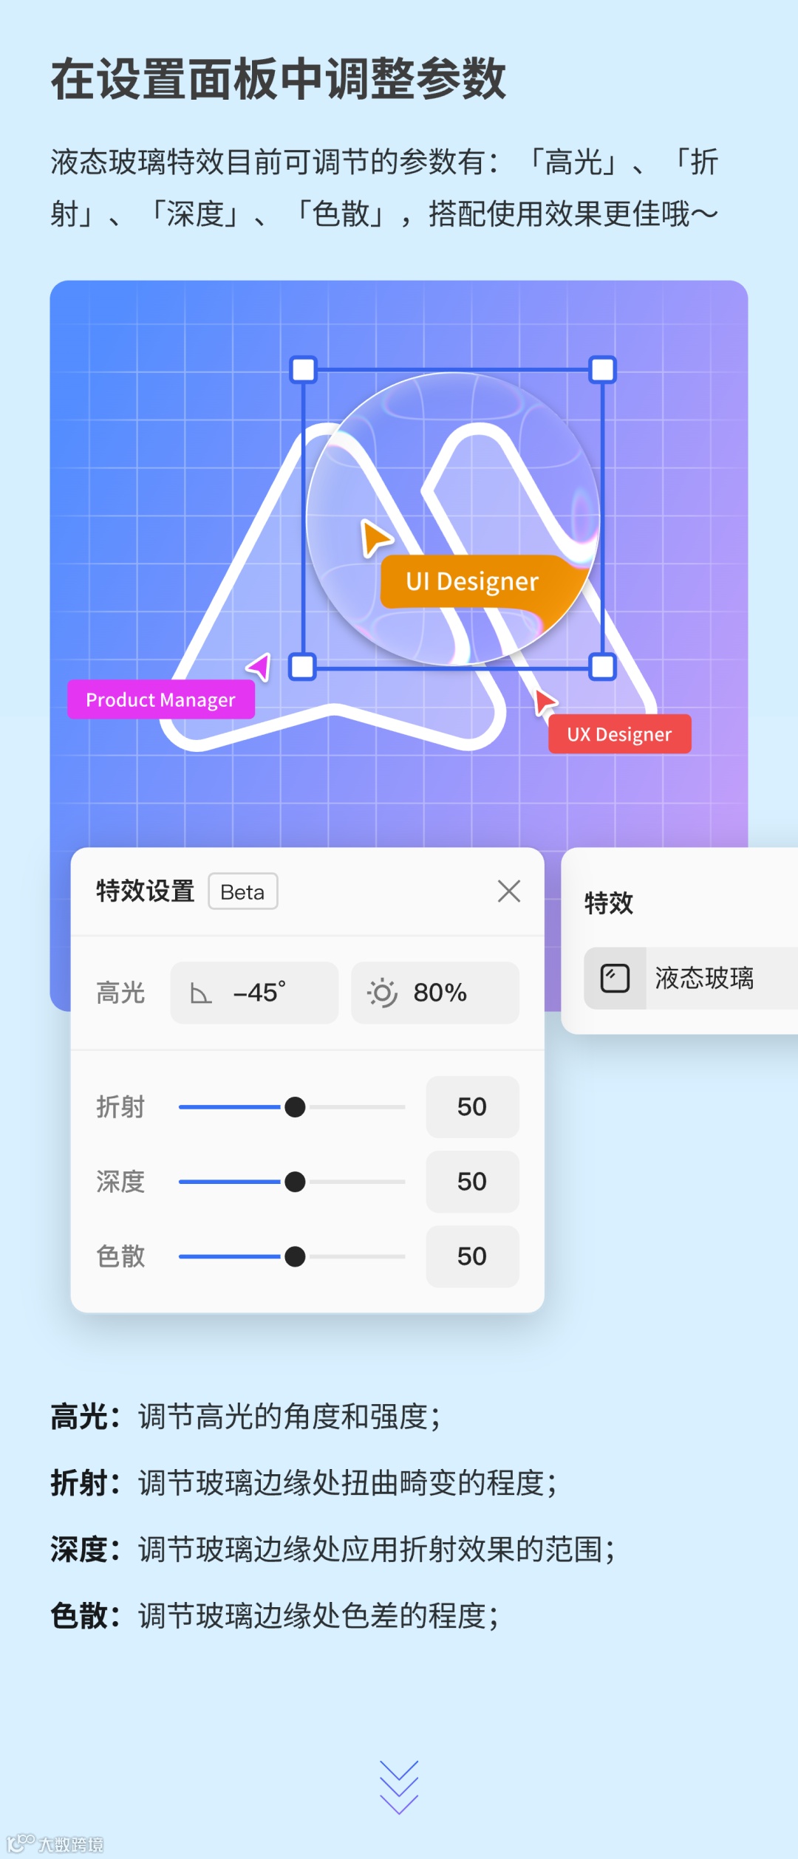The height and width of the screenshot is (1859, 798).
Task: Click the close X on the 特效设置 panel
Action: (509, 891)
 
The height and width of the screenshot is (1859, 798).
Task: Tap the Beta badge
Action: (242, 891)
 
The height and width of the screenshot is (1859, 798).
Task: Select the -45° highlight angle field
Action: (254, 993)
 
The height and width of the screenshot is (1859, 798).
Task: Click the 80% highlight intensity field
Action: (434, 993)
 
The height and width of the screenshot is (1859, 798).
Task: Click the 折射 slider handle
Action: (295, 1107)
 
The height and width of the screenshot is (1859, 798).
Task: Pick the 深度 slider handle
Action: (295, 1182)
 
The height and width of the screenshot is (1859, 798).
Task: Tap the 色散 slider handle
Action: (295, 1256)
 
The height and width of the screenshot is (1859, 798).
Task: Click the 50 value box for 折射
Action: (472, 1107)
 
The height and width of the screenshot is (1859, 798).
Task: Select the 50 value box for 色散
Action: (472, 1256)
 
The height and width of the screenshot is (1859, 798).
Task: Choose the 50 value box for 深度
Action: (472, 1182)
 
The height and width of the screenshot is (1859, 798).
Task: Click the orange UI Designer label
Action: (473, 582)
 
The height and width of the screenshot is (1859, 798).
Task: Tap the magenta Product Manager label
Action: (161, 699)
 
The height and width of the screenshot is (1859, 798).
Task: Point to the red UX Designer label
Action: (619, 734)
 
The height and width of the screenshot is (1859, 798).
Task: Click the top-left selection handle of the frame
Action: (303, 369)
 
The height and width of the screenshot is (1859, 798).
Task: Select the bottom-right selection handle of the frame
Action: (603, 666)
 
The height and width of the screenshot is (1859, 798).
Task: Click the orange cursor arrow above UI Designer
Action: (375, 537)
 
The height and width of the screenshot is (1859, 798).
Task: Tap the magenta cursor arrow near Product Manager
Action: (260, 667)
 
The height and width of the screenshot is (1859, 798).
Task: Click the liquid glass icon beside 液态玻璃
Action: (615, 978)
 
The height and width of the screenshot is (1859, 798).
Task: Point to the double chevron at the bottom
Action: (399, 1787)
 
